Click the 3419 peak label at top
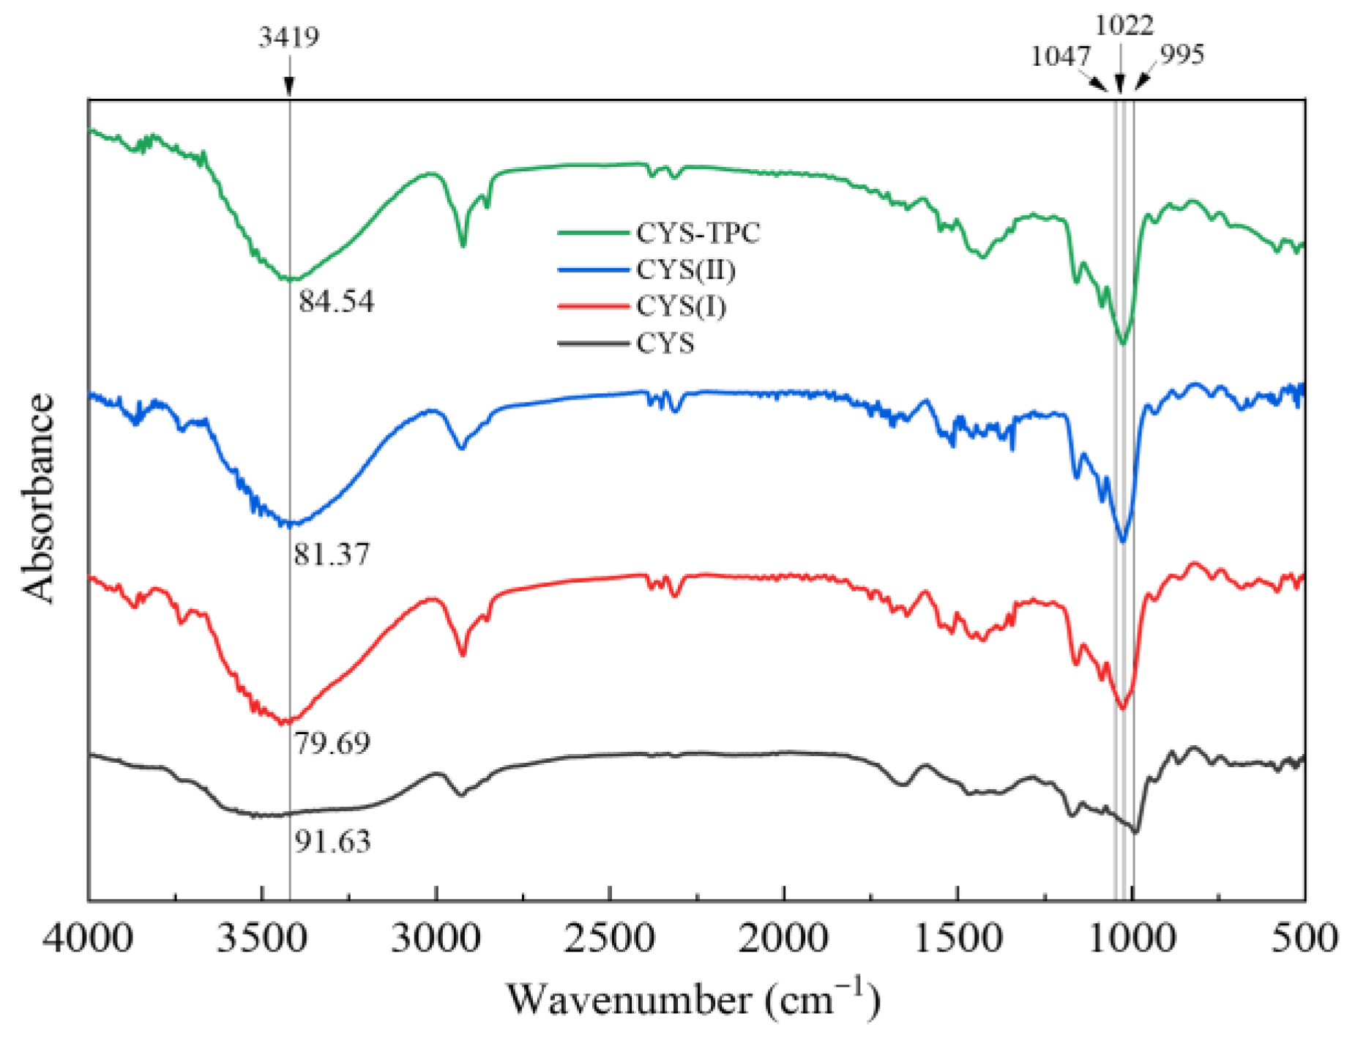(x=288, y=37)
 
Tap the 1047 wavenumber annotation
(x=1060, y=56)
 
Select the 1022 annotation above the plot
(x=1124, y=26)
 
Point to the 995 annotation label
(x=1182, y=55)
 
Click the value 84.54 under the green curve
(x=336, y=302)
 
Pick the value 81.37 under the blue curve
(x=332, y=554)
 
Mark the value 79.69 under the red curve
(x=332, y=743)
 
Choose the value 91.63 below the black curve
(x=332, y=842)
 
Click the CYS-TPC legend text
(x=698, y=234)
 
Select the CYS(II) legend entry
(x=685, y=270)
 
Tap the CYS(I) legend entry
(x=681, y=306)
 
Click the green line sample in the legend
(x=593, y=234)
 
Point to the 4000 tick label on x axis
(x=87, y=938)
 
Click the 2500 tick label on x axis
(x=609, y=938)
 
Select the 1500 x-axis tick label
(x=958, y=938)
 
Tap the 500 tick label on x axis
(x=1304, y=938)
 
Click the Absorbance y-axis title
(x=38, y=498)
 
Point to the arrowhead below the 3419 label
(x=289, y=87)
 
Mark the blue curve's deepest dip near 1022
(x=1122, y=541)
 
